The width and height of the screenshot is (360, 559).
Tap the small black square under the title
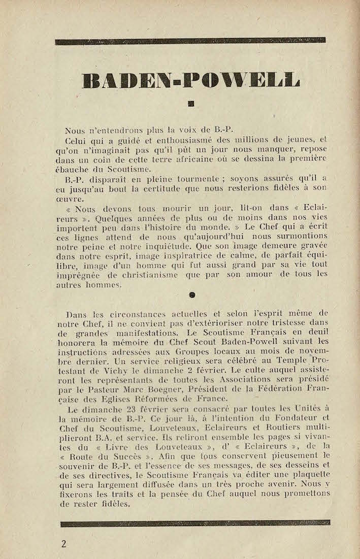tap(191, 104)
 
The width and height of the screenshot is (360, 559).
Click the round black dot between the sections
tap(192, 294)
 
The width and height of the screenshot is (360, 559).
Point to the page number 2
tap(63, 544)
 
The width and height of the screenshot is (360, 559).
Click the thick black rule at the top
tap(190, 41)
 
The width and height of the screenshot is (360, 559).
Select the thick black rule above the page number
tap(195, 522)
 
